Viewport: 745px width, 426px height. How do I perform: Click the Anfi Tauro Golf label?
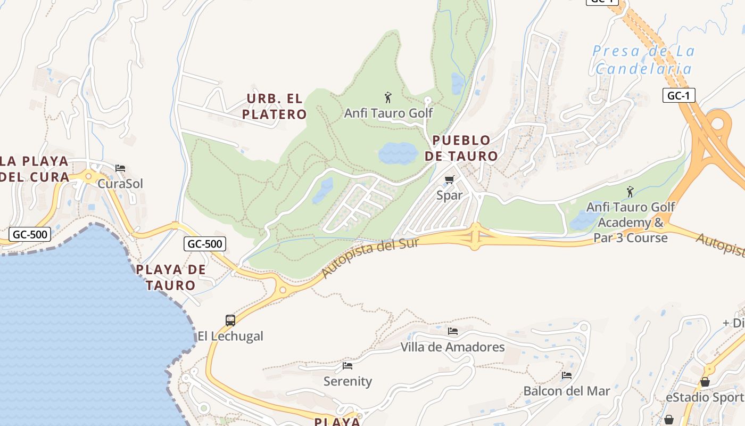click(388, 113)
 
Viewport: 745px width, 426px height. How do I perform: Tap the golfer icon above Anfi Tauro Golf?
click(388, 97)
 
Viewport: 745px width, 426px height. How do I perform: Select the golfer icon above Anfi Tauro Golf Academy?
click(630, 191)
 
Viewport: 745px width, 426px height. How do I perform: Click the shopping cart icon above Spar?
click(450, 179)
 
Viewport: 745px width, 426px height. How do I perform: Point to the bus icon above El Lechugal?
click(230, 321)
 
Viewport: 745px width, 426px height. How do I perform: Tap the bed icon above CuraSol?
click(120, 168)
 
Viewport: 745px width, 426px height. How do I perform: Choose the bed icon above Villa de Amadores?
click(453, 331)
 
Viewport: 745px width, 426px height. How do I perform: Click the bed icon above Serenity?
click(347, 366)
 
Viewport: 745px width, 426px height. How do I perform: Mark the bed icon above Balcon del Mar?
click(567, 375)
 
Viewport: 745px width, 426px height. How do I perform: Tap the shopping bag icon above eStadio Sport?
click(705, 382)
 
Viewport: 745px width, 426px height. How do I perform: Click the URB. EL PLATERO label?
click(275, 106)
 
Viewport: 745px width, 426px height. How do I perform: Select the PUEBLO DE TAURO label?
click(461, 148)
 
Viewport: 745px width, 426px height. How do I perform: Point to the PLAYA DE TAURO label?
click(171, 277)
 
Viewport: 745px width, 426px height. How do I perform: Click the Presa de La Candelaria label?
click(644, 60)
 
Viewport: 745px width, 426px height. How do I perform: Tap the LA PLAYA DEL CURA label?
click(35, 168)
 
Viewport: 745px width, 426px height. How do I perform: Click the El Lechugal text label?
click(230, 336)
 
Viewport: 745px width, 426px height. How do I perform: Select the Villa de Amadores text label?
click(452, 347)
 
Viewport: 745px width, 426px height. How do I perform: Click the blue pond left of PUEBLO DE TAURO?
click(398, 153)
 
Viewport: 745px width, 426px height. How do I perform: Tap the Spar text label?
click(450, 195)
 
